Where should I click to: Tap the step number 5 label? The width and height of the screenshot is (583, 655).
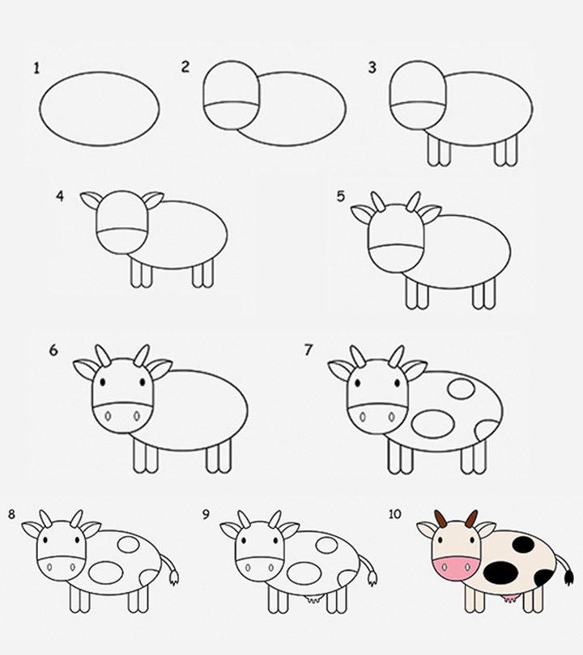341,196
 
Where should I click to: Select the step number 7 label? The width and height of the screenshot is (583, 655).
308,350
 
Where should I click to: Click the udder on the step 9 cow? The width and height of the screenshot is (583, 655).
312,599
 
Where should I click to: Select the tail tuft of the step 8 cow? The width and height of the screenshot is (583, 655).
172,577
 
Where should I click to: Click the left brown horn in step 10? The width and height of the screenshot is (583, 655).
439,518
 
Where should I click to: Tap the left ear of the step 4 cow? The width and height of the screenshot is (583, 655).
89,199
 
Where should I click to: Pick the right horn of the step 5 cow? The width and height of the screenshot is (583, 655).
413,201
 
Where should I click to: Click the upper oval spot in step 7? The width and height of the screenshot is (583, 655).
462,387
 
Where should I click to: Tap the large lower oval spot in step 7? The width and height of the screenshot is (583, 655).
430,421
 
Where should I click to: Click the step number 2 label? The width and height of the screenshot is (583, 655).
185,67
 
